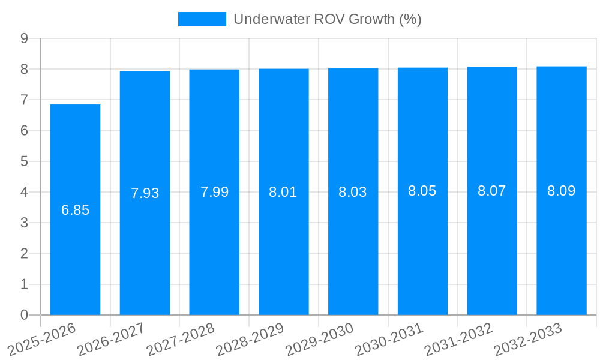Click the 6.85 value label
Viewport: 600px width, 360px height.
[75, 210]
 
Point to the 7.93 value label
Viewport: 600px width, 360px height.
[145, 193]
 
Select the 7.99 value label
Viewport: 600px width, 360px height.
[214, 192]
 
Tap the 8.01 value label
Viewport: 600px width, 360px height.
[283, 192]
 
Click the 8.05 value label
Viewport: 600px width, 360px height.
[422, 191]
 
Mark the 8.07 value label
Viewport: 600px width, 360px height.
[492, 191]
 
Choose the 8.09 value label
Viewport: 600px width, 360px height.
[562, 191]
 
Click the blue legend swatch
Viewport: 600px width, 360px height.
[202, 19]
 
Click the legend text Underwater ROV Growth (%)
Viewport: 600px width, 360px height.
[328, 19]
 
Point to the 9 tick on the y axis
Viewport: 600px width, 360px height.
[25, 38]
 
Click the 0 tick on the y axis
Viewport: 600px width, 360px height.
[25, 315]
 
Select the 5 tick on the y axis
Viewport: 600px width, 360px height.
[25, 161]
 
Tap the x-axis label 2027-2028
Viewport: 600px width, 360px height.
[180, 340]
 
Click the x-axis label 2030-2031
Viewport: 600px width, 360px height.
[389, 340]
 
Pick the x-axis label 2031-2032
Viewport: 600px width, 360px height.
[458, 340]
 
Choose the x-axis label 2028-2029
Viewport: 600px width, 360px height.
[250, 340]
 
